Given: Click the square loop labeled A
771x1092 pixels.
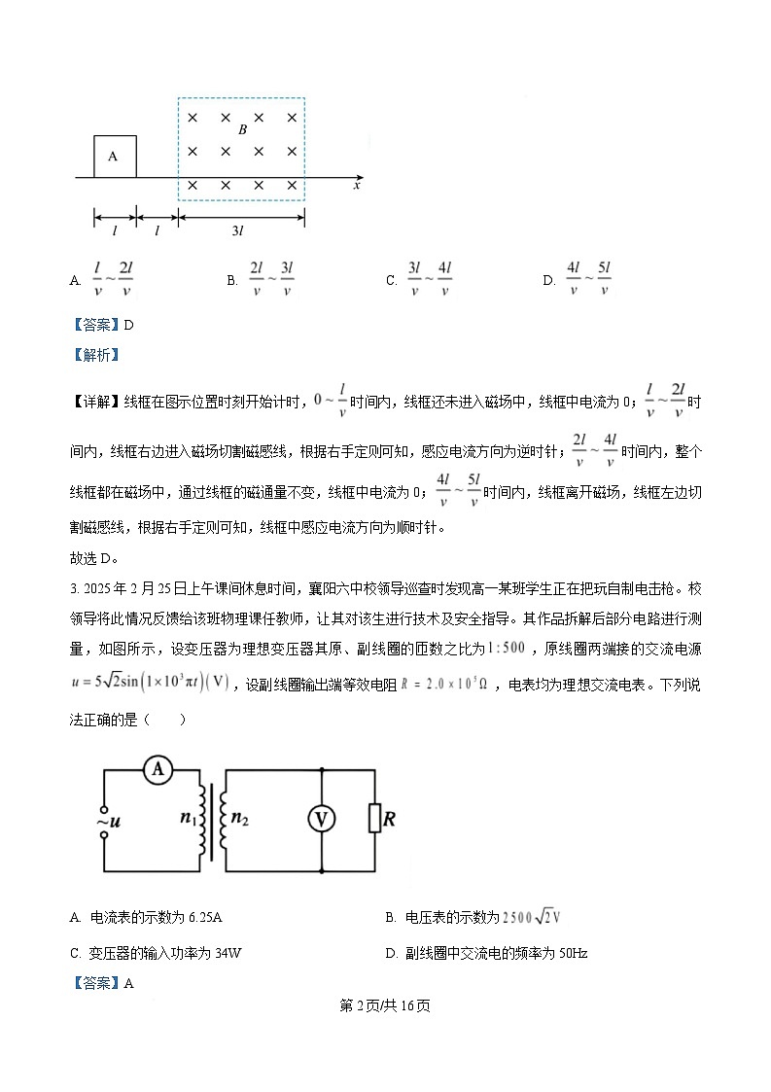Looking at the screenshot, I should coord(115,157).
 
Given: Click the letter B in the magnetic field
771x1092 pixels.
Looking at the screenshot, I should coord(242,128).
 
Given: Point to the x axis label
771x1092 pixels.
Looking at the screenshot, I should coord(358,184).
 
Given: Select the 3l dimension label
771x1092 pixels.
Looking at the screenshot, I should coord(238,230).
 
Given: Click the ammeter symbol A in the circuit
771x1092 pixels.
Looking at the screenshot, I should coord(158,770).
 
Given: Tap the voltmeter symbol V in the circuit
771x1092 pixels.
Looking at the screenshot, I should coord(322,820).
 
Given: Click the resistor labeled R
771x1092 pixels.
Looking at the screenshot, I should coord(374,819).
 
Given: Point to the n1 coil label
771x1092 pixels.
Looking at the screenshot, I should coord(188,819).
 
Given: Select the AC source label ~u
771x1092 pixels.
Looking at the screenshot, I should coord(110,822).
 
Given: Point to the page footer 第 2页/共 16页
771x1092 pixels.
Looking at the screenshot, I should coord(385,1005).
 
